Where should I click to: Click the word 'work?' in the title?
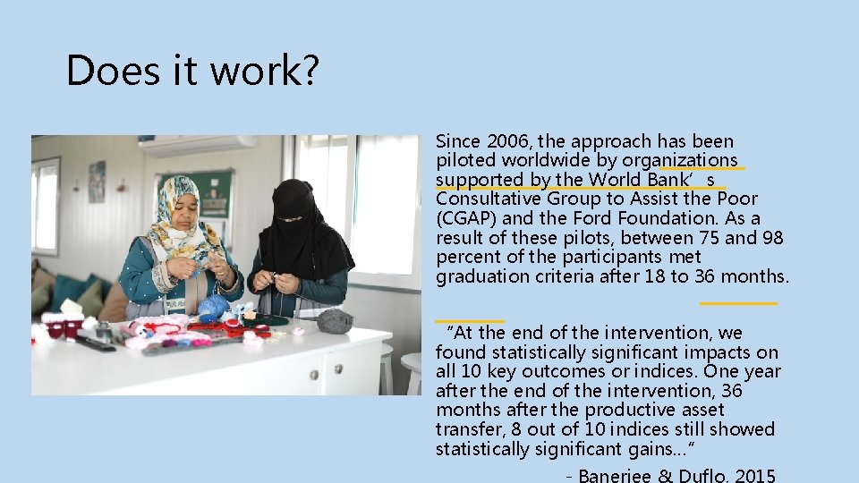[268, 70]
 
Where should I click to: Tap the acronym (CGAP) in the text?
[464, 218]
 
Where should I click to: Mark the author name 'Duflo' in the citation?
[703, 475]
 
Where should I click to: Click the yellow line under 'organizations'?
[702, 167]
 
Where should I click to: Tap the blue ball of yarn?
[213, 307]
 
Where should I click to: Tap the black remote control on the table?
[95, 342]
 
